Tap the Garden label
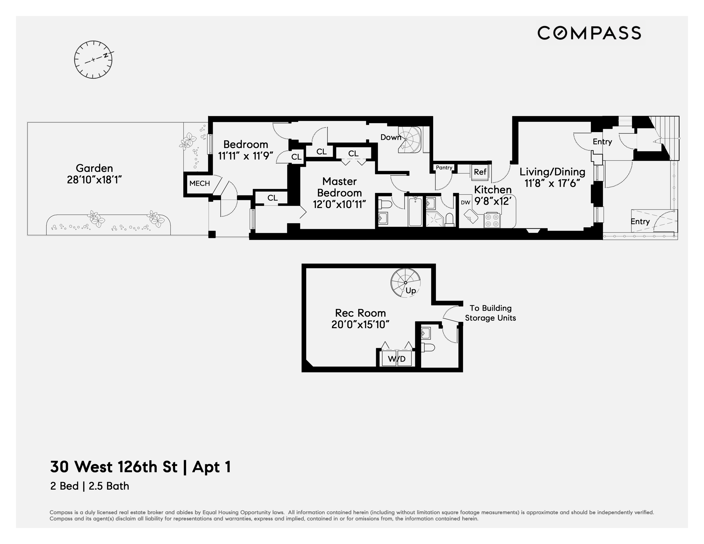coord(94,168)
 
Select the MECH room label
coord(199,183)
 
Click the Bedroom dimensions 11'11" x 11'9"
coord(246,156)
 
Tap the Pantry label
coord(444,167)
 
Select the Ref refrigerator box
coord(480,172)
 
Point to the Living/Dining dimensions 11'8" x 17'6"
coord(552,183)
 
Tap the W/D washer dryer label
coord(397,359)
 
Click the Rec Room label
coord(360,313)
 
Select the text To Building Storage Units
coord(490,313)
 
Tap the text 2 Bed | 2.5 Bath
coord(90,486)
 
